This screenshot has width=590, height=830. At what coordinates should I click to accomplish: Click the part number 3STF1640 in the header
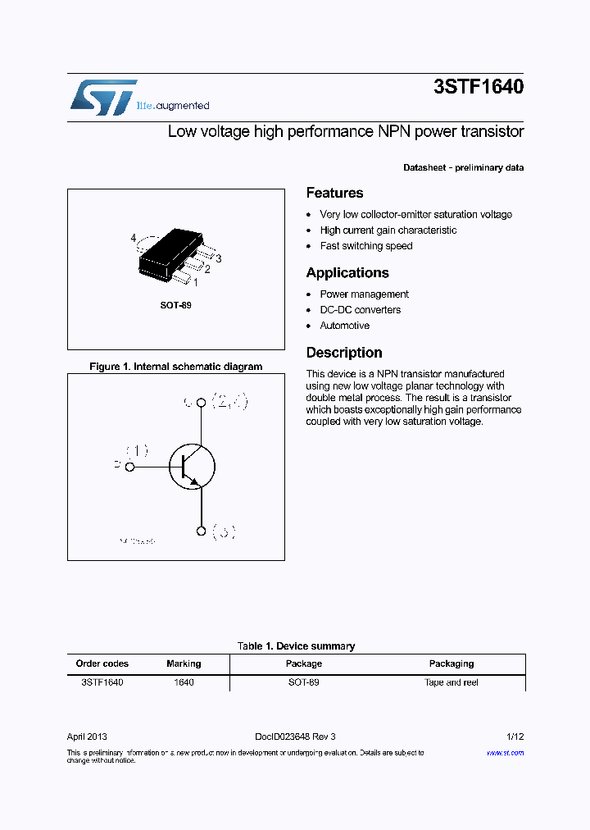(479, 87)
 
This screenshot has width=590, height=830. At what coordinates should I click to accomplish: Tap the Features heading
(334, 194)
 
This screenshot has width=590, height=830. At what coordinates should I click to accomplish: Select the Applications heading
(347, 273)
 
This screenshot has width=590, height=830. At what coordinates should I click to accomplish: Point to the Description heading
(344, 353)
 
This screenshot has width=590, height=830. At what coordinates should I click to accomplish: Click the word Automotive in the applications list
(344, 326)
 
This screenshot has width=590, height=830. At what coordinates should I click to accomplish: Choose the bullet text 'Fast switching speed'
(366, 246)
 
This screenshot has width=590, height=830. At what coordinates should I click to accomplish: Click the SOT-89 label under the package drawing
(175, 305)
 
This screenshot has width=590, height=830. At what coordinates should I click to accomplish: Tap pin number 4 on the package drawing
(134, 239)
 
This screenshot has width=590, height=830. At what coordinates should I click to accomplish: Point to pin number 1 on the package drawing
(195, 282)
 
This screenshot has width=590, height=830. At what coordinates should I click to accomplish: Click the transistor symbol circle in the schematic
(192, 467)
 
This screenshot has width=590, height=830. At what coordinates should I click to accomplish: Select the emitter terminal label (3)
(224, 532)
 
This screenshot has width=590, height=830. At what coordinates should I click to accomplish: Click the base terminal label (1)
(137, 450)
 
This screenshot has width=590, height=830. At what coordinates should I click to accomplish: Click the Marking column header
(184, 664)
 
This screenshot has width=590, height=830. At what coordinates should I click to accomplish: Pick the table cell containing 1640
(184, 682)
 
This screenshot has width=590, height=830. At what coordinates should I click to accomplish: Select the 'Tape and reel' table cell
(452, 682)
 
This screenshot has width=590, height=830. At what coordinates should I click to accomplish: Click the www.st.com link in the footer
(505, 752)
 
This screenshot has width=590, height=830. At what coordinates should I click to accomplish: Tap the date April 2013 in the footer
(87, 737)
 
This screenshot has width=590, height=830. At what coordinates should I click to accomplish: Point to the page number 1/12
(515, 737)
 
